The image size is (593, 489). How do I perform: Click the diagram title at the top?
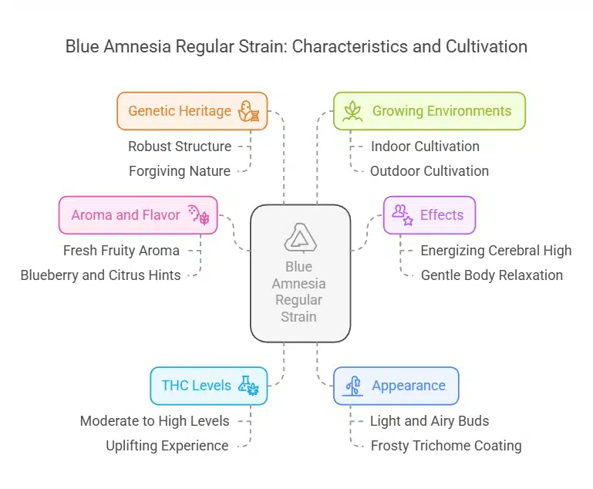296,46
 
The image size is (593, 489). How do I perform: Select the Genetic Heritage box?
192,111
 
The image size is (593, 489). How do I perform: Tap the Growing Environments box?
429,111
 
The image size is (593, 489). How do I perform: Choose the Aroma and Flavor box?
138,215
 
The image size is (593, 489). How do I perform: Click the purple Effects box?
430,215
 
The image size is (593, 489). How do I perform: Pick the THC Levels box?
208,386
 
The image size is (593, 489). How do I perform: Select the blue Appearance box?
396,386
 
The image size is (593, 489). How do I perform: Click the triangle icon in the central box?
300,238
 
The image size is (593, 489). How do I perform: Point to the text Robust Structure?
180,146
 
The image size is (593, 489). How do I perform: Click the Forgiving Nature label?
179,170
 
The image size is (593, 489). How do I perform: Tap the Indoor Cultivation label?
425,146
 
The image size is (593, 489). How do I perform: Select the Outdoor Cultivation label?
430,170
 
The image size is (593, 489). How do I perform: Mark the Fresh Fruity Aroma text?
121,250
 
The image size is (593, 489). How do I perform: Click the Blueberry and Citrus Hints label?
101,275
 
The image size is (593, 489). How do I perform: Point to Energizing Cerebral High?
496,250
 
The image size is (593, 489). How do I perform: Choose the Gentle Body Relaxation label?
492,275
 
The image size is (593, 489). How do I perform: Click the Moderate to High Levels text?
155,420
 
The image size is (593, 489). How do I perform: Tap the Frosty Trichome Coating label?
446,445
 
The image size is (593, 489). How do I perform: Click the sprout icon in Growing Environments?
352,111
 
